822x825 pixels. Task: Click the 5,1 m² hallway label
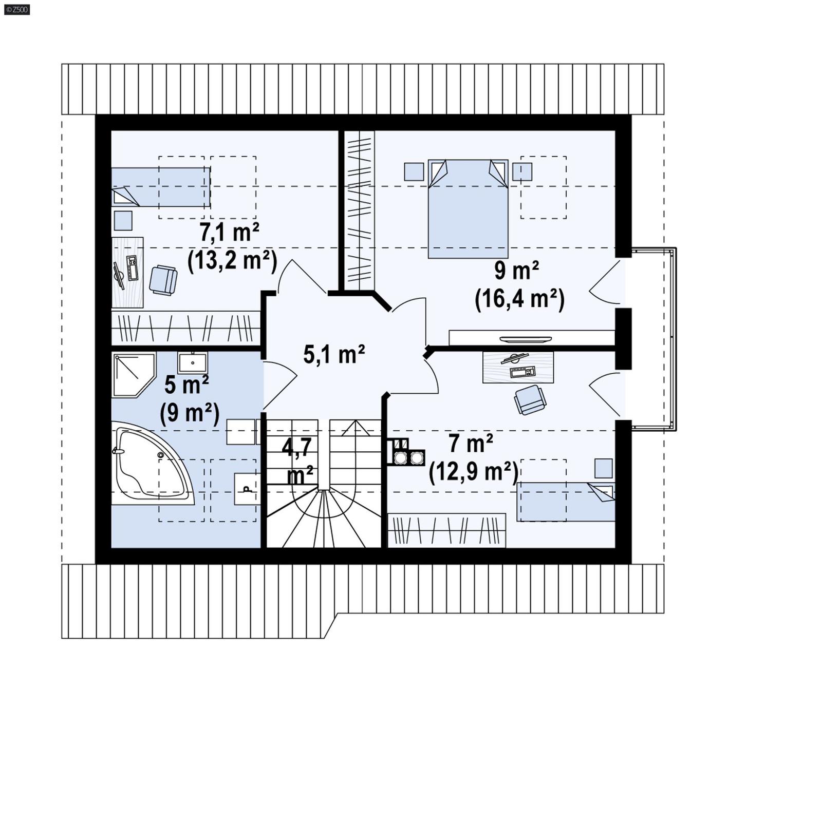[334, 354]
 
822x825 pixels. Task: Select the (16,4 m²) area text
[519, 299]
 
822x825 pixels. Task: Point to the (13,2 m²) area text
[232, 261]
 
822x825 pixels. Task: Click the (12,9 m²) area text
[473, 471]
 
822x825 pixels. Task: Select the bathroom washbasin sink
[193, 363]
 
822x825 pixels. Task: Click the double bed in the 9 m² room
[468, 208]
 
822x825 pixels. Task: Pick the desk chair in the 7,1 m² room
[163, 280]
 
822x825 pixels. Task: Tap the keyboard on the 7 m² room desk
[522, 371]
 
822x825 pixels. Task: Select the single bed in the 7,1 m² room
[160, 187]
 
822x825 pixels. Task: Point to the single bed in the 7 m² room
[565, 501]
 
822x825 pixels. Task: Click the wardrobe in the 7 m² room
[446, 530]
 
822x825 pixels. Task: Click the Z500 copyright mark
[16, 9]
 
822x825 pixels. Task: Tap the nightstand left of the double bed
[414, 171]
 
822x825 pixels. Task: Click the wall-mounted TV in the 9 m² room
[525, 339]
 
